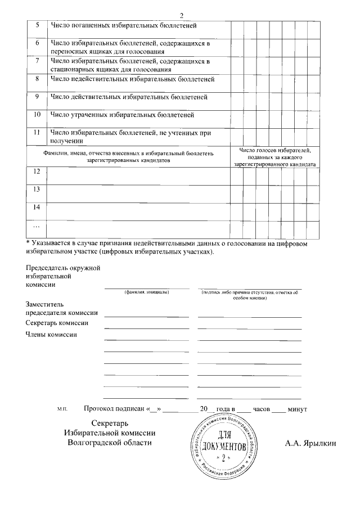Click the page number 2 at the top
pyautogui.click(x=181, y=15)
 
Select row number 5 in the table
pyautogui.click(x=37, y=25)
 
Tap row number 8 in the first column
pyautogui.click(x=37, y=79)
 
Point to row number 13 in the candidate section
pyautogui.click(x=37, y=189)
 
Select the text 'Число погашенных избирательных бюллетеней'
pyautogui.click(x=123, y=25)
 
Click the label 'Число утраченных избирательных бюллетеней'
pyautogui.click(x=122, y=115)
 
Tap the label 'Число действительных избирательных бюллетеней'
pyautogui.click(x=129, y=97)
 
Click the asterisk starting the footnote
pyautogui.click(x=28, y=242)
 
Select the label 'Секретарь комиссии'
pyautogui.click(x=57, y=323)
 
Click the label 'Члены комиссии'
pyautogui.click(x=51, y=335)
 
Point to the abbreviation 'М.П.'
pyautogui.click(x=62, y=409)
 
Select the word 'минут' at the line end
pyautogui.click(x=297, y=408)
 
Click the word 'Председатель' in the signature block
pyautogui.click(x=48, y=267)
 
